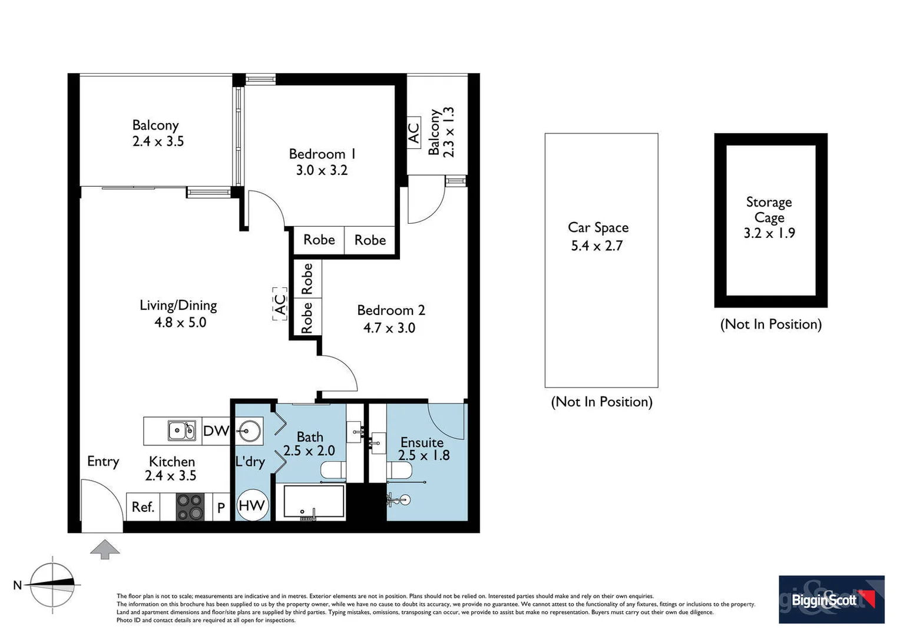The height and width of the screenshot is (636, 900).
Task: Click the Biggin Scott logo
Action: click(831, 599)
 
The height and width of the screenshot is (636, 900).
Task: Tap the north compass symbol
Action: click(53, 585)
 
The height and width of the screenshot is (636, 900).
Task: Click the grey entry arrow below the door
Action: click(105, 549)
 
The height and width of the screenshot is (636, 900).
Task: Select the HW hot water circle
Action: click(252, 505)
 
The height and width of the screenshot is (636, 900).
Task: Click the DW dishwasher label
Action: click(216, 431)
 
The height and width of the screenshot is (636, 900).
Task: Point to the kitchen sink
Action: click(182, 430)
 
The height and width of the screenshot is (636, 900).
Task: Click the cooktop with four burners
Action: click(190, 506)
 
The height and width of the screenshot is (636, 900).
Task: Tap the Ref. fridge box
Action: click(143, 507)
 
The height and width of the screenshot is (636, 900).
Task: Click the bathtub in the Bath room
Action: click(313, 502)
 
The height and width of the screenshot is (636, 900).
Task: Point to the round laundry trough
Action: click(249, 431)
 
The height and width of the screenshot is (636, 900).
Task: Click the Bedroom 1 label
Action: click(322, 154)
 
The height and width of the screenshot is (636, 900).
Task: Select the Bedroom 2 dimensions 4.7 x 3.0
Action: click(389, 328)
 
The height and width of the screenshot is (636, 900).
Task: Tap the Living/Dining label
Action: click(178, 305)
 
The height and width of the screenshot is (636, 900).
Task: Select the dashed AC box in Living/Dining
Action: click(279, 304)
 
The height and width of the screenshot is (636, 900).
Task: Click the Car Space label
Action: click(598, 228)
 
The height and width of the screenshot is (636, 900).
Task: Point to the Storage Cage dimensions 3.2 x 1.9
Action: click(769, 233)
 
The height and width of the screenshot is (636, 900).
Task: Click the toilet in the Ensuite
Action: click(400, 470)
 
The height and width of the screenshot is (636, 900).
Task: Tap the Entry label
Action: click(103, 461)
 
